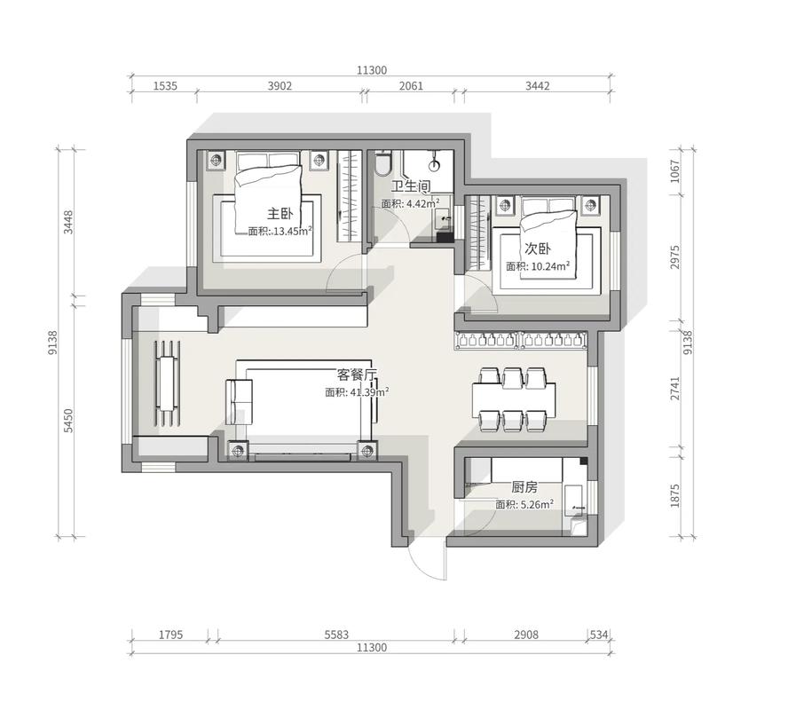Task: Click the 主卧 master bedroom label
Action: coord(280,214)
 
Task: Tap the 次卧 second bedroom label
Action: coord(538,248)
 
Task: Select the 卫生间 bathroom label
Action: coord(411,186)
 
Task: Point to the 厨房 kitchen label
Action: coord(524,487)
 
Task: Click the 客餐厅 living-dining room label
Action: coord(357,375)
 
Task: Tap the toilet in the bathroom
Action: coord(383,163)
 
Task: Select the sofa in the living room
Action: coord(240,402)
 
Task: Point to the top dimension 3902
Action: coord(280,86)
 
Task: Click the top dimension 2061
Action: coord(411,86)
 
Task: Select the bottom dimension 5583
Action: coord(336,635)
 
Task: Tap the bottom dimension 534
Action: coord(599,635)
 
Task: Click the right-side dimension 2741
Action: coord(674,389)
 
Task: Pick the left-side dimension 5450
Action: coord(68,421)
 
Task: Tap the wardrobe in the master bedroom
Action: coord(349,195)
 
